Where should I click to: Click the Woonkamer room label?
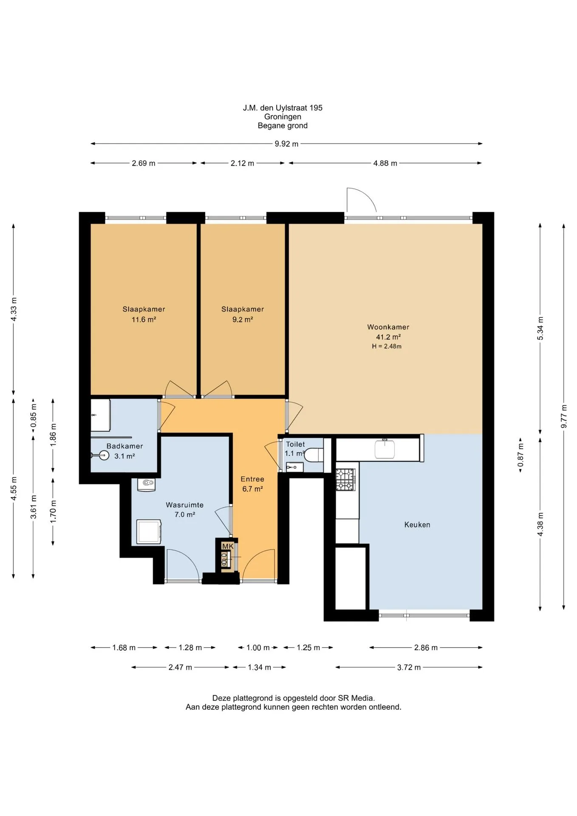click(x=388, y=327)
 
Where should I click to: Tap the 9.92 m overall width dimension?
click(x=286, y=144)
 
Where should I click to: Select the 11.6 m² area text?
click(x=144, y=320)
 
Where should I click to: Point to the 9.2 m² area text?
click(x=243, y=320)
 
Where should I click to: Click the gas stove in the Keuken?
click(x=345, y=479)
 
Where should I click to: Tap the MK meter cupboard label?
click(x=228, y=546)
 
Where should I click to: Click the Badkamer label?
click(x=124, y=446)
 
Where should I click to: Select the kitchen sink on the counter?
click(x=385, y=449)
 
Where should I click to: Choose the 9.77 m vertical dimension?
click(x=564, y=417)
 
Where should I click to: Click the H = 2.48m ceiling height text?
click(x=387, y=346)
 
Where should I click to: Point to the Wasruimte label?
click(x=184, y=505)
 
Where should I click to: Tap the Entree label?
click(x=252, y=479)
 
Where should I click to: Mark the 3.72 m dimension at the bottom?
click(x=409, y=667)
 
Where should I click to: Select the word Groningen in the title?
click(x=283, y=116)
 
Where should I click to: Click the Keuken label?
click(x=417, y=524)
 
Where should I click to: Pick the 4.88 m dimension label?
click(x=385, y=163)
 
